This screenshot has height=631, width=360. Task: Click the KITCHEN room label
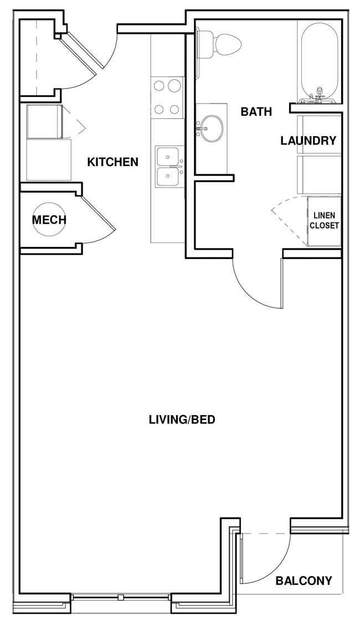113,162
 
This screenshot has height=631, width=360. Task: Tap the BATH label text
256,112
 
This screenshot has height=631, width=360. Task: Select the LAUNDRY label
308,141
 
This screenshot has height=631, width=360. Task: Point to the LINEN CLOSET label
324,220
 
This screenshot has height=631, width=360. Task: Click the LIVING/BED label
182,420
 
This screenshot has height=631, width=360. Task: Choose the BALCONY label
304,581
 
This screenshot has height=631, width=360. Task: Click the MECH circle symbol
49,220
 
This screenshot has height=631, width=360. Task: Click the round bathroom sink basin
211,128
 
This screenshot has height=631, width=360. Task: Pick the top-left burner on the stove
159,86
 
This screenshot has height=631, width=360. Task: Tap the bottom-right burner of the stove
174,109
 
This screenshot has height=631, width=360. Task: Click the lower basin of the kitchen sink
167,177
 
